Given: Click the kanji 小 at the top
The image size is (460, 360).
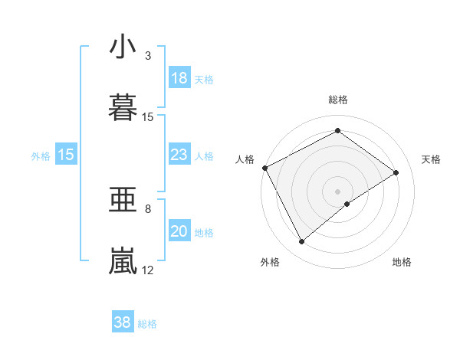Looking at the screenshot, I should click(123, 47).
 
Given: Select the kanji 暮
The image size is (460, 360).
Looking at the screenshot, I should click(123, 106).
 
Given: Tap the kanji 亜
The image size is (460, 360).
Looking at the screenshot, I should click(123, 200).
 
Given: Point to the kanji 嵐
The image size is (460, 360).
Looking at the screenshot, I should click(123, 260).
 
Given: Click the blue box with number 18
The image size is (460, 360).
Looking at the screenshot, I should click(179, 78).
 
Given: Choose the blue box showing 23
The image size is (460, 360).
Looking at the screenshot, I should click(179, 155).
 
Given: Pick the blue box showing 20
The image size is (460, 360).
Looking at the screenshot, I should click(179, 232).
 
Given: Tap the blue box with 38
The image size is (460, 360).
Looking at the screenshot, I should click(122, 322).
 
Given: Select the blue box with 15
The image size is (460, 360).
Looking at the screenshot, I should click(66, 155).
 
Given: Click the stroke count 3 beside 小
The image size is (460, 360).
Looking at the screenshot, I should click(148, 56).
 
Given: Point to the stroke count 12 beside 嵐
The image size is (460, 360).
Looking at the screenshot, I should click(148, 270).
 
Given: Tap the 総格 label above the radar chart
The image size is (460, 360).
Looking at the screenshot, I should click(338, 100).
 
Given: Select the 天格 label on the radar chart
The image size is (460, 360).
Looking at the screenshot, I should click(432, 159).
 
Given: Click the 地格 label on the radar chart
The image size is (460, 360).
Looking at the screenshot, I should click(402, 262).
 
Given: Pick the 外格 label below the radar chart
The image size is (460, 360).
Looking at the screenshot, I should click(270, 262).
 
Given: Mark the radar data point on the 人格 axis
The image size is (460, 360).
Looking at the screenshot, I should click(264, 168).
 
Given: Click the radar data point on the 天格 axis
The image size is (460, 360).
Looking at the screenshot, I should click(396, 172).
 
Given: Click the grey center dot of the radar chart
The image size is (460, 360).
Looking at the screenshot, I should click(337, 191).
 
